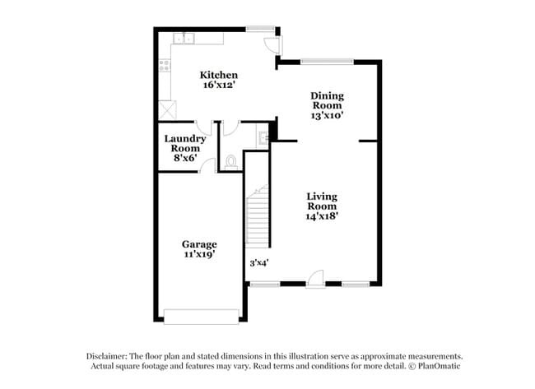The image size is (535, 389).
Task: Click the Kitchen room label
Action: pyautogui.click(x=220, y=75)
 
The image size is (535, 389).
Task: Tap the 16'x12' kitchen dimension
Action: pyautogui.click(x=220, y=85)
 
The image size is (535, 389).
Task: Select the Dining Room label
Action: pyautogui.click(x=327, y=100)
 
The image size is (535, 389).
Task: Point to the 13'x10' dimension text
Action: pyautogui.click(x=327, y=115)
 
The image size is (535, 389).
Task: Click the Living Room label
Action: pyautogui.click(x=322, y=201)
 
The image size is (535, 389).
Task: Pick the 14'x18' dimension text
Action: pyautogui.click(x=322, y=215)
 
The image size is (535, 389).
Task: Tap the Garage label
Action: pyautogui.click(x=199, y=244)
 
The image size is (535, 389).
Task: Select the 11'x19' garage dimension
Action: pyautogui.click(x=199, y=255)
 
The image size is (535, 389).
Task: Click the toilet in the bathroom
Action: pyautogui.click(x=231, y=161)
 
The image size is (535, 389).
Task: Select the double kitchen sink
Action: pyautogui.click(x=184, y=37)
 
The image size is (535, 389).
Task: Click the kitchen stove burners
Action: pyautogui.click(x=166, y=62)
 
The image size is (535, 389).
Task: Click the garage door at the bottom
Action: pyautogui.click(x=201, y=316)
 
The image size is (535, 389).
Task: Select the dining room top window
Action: pyautogui.click(x=327, y=59)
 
